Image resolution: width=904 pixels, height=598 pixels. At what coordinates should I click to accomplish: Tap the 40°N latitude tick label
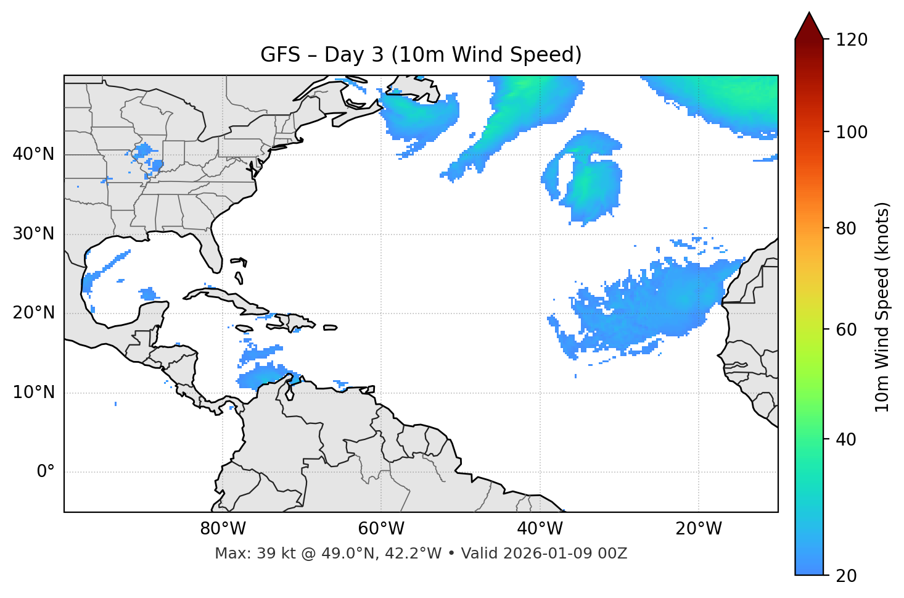click(x=33, y=154)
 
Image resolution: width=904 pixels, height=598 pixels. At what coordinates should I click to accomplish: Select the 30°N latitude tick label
click(x=33, y=234)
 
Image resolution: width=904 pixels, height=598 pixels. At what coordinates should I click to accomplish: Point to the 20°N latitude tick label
click(x=33, y=313)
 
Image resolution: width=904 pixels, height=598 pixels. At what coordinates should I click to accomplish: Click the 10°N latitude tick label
click(x=33, y=392)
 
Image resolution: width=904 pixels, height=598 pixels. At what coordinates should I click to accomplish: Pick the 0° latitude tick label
click(x=46, y=472)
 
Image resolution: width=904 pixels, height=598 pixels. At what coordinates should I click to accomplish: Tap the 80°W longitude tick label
click(x=223, y=529)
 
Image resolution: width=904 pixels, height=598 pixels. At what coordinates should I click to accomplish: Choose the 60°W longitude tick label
click(x=381, y=529)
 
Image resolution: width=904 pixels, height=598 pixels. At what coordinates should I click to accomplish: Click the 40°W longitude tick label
click(x=540, y=529)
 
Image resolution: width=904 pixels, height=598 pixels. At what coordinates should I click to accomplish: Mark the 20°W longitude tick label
click(x=698, y=529)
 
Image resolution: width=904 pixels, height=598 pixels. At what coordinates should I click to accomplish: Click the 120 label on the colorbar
click(x=852, y=40)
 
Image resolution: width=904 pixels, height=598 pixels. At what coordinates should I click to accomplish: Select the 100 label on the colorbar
click(x=852, y=132)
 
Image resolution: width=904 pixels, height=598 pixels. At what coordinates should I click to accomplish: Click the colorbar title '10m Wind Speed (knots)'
click(x=882, y=307)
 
